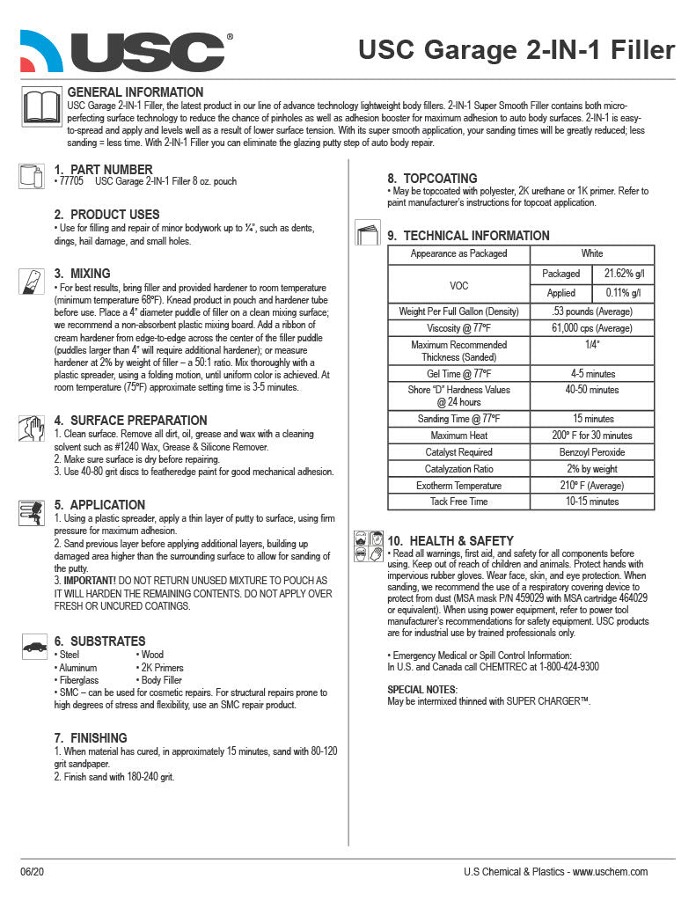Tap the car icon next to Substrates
point(34,647)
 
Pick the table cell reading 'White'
point(591,253)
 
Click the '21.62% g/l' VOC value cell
point(622,274)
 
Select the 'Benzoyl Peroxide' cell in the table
point(591,452)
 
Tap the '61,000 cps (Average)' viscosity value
point(591,328)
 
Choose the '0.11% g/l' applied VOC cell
point(622,293)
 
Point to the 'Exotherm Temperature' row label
point(458,486)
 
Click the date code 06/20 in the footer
point(31,872)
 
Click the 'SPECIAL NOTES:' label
point(422,689)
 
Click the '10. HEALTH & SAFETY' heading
point(451,540)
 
